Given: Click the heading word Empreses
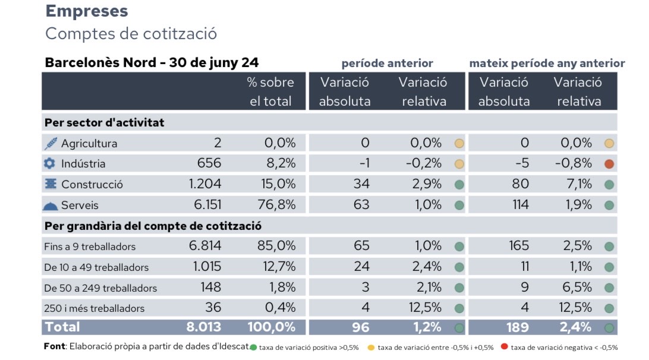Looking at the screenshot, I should (x=86, y=11).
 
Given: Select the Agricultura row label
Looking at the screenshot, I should (x=89, y=144).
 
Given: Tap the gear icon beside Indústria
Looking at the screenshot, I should (x=49, y=163).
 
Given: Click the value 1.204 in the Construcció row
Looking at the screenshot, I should (x=205, y=184).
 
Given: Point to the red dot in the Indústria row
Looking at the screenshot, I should (x=609, y=164).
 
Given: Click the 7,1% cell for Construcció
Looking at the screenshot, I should (x=576, y=184).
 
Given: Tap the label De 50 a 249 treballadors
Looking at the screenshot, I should (x=100, y=288).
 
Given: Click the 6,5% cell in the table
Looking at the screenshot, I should (x=576, y=288).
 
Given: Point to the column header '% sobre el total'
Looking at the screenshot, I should (x=270, y=91).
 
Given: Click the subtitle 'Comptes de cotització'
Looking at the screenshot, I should (x=131, y=33).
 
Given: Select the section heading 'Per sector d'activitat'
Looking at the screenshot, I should (x=104, y=123).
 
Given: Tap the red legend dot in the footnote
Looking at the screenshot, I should (x=505, y=348).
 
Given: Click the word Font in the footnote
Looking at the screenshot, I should (x=55, y=346).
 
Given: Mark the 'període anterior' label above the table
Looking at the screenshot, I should (x=387, y=63).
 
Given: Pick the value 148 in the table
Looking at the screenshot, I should (x=210, y=288).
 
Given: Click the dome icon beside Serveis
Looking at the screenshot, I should (x=51, y=206).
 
